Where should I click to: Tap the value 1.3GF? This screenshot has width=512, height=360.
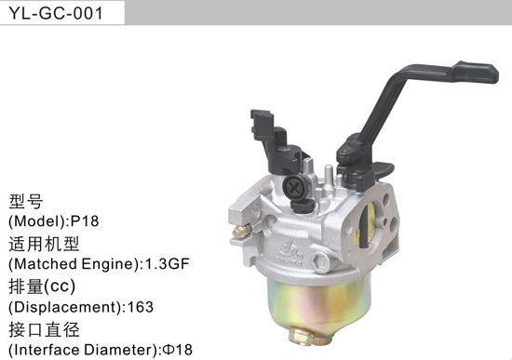point(168,264)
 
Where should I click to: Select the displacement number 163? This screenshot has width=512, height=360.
point(140,307)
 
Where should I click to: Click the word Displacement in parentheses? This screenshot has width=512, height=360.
point(62,307)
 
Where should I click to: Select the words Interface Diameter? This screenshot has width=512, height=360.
point(80,350)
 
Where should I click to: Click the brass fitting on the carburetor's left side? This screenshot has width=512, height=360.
point(241,230)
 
